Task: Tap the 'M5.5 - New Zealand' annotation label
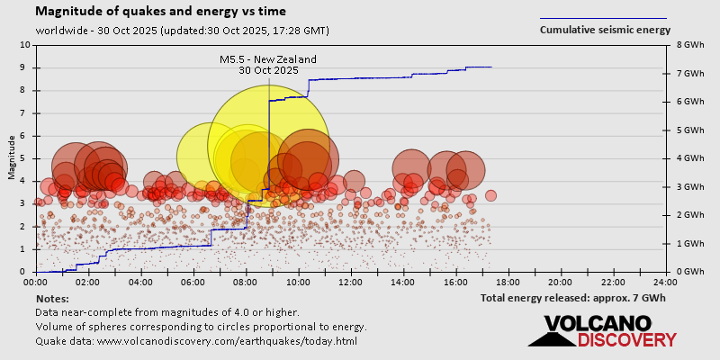pyautogui.click(x=268, y=59)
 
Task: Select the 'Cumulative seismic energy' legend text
pyautogui.click(x=605, y=30)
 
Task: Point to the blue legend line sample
pyautogui.click(x=603, y=18)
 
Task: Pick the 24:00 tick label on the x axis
pyautogui.click(x=665, y=282)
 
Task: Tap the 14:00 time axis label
pyautogui.click(x=403, y=282)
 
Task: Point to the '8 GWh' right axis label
pyautogui.click(x=688, y=44)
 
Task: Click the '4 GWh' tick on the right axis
pyautogui.click(x=688, y=158)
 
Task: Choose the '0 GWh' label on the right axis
pyautogui.click(x=688, y=272)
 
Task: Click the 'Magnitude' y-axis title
pyautogui.click(x=12, y=157)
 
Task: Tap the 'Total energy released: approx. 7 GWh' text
pyautogui.click(x=572, y=298)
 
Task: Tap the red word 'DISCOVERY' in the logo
pyautogui.click(x=626, y=339)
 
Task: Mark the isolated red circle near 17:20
pyautogui.click(x=490, y=195)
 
